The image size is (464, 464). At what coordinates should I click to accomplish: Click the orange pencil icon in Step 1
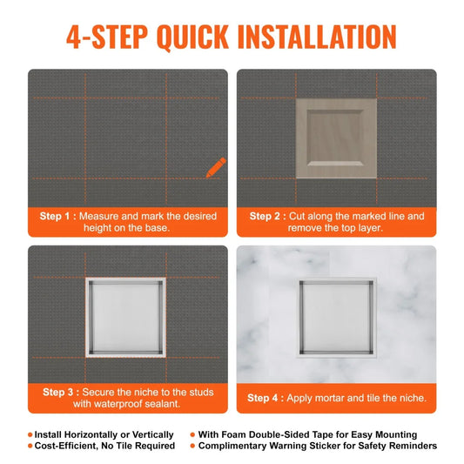pos(215,167)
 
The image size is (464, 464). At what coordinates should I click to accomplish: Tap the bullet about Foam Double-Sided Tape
pos(307,434)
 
